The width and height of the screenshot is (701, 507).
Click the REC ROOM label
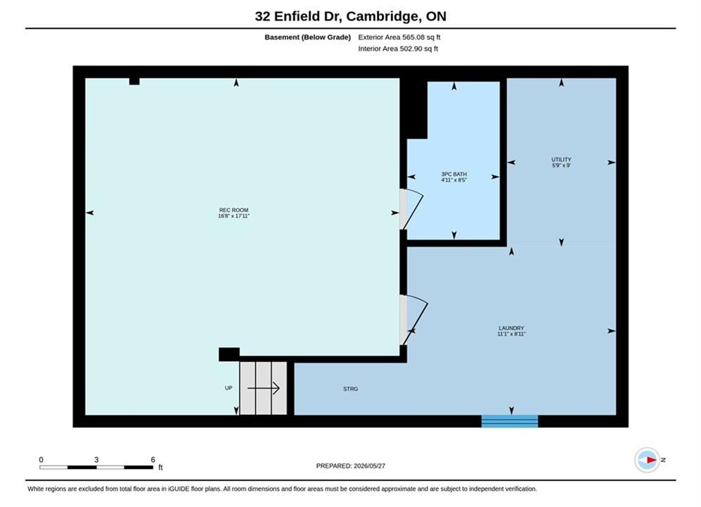233,210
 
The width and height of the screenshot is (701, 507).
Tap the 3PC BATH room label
454,174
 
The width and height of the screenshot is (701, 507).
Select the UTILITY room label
561,159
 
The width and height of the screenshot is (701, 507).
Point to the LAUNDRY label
511,328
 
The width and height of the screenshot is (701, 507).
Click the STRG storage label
351,389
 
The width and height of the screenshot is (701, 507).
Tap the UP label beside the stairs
228,388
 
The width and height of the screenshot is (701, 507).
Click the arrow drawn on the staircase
263,388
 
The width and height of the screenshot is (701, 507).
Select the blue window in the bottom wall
509,421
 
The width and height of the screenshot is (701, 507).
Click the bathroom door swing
415,210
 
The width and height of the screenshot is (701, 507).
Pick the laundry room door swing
416,320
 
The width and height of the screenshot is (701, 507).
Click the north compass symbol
647,460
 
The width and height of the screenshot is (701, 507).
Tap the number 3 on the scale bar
97,460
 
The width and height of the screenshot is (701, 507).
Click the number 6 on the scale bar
153,460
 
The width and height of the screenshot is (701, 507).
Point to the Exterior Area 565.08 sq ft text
399,37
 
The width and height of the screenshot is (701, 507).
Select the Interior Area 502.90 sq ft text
398,49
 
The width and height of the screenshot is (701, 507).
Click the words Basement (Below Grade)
308,37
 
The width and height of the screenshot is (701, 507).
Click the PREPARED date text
351,466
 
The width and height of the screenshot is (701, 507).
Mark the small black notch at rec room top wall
134,81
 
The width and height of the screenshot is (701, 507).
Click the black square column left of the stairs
229,354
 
